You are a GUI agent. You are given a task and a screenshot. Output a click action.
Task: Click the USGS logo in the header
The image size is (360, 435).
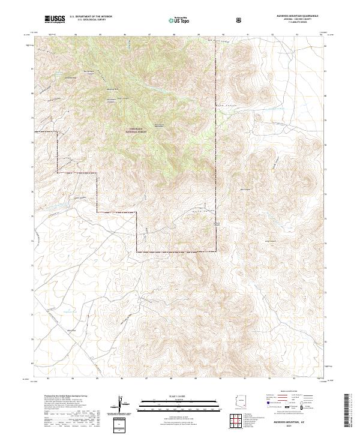[x=53, y=20]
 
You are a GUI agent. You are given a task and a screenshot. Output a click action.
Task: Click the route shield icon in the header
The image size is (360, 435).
[x=240, y=20]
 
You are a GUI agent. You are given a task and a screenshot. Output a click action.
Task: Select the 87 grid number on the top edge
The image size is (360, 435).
[x=148, y=35]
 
